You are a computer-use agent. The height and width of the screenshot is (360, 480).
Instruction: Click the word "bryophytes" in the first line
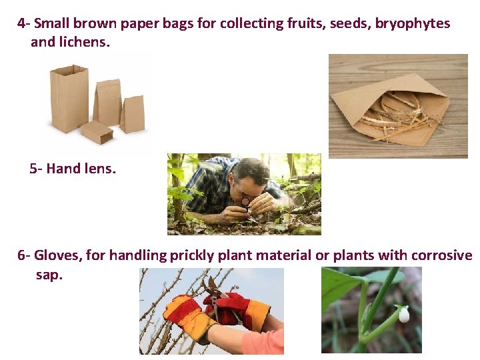pos(412,24)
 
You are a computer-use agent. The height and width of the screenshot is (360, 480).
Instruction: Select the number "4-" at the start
pos(24,24)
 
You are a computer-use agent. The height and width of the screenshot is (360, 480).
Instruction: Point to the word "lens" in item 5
pos(100,169)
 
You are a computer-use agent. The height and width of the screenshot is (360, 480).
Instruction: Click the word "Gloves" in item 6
pos(56,255)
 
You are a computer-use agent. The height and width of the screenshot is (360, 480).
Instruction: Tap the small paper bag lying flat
pos(97,132)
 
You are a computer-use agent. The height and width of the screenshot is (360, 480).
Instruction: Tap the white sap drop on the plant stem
pos(403,314)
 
